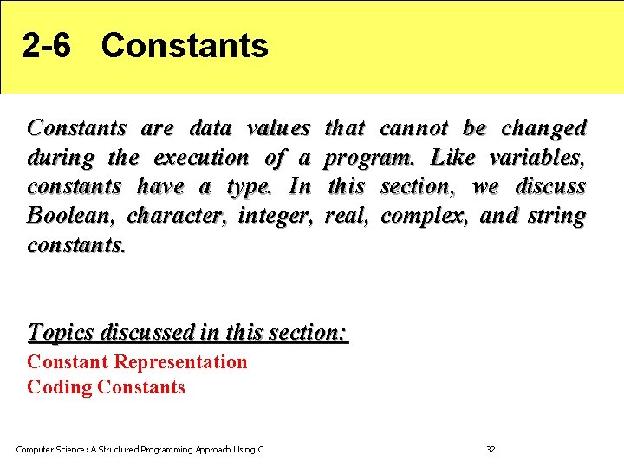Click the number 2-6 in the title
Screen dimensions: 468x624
point(47,46)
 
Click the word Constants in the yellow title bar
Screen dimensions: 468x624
point(185,46)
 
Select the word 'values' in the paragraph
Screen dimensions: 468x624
point(278,128)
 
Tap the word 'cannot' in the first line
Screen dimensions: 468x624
point(414,128)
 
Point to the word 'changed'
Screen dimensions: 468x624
point(543,128)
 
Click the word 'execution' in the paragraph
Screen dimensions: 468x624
point(201,158)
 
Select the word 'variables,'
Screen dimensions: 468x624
point(538,158)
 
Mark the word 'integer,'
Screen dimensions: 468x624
point(273,216)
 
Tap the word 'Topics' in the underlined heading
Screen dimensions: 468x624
point(62,332)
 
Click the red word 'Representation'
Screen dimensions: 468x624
point(180,362)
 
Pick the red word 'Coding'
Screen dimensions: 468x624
point(60,387)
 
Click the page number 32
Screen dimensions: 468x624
point(491,449)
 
